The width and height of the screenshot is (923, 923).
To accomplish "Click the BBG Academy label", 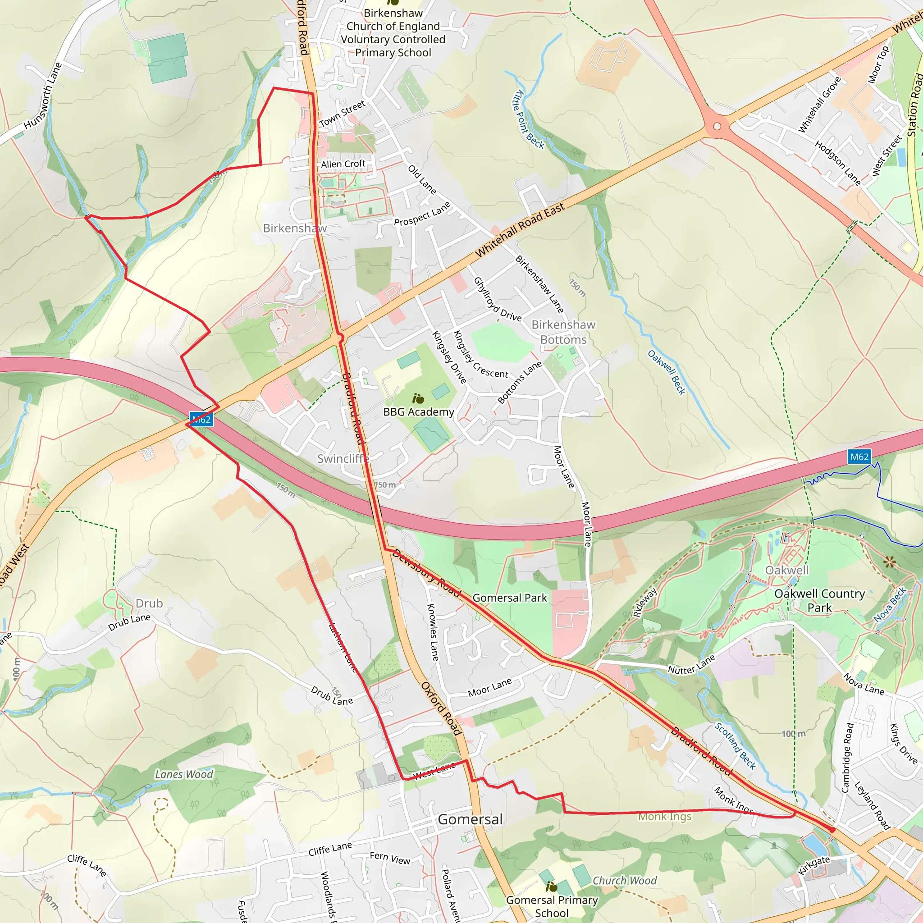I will pyautogui.click(x=419, y=412).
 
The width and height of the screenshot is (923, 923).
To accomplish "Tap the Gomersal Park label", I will pyautogui.click(x=509, y=598).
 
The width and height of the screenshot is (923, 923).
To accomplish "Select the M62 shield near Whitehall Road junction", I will pyautogui.click(x=201, y=420).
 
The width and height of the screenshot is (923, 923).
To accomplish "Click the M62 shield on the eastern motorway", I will pyautogui.click(x=859, y=457).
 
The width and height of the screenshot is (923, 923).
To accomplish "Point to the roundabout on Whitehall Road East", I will pyautogui.click(x=717, y=127).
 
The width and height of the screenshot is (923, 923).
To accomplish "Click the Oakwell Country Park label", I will pyautogui.click(x=819, y=600).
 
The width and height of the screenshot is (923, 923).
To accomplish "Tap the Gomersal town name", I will pyautogui.click(x=470, y=819).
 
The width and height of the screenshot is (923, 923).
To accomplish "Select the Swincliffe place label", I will pyautogui.click(x=343, y=459).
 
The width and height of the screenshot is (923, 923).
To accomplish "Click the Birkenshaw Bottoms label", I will pyautogui.click(x=563, y=332).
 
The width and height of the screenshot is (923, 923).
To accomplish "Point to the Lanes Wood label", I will pyautogui.click(x=184, y=774).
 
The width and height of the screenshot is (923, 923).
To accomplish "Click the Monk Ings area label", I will pyautogui.click(x=665, y=817).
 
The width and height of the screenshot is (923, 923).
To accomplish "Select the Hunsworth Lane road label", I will pyautogui.click(x=43, y=96).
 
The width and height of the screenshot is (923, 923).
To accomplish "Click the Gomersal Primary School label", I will pyautogui.click(x=552, y=906).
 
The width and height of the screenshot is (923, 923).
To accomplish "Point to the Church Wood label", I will pyautogui.click(x=624, y=881).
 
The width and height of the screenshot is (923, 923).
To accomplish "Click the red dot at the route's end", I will pyautogui.click(x=832, y=830).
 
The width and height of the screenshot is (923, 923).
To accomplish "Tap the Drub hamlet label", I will pyautogui.click(x=149, y=603).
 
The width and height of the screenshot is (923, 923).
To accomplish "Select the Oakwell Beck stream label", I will pyautogui.click(x=666, y=372).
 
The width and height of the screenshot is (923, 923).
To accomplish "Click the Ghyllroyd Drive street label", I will pyautogui.click(x=497, y=299).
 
